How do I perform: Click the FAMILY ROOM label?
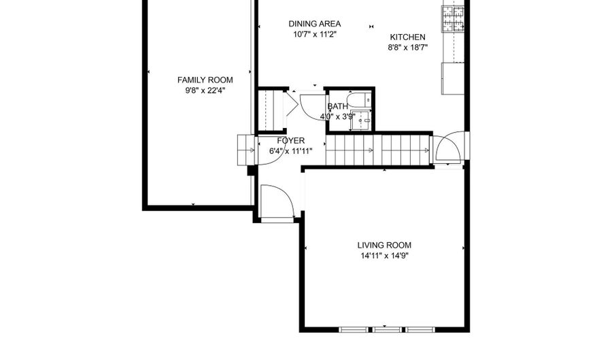click(x=205, y=80)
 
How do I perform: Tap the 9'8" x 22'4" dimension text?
click(x=205, y=91)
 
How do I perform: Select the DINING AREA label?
click(x=315, y=23)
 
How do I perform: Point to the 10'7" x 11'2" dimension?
click(x=315, y=34)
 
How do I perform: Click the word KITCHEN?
click(x=407, y=37)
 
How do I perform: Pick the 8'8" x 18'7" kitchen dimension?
click(x=407, y=48)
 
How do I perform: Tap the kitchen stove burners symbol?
click(x=453, y=19)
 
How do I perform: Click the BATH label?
click(x=337, y=106)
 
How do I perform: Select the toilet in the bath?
click(x=358, y=100)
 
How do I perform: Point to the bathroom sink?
click(x=361, y=120)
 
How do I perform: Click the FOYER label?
click(x=291, y=141)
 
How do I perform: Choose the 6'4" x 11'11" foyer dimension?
click(x=291, y=151)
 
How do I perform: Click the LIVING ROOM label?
click(x=384, y=245)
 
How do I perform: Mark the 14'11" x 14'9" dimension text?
click(x=384, y=256)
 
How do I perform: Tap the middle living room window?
click(x=386, y=329)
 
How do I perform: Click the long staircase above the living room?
click(x=378, y=150)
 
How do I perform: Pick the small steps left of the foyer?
click(x=245, y=150)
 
